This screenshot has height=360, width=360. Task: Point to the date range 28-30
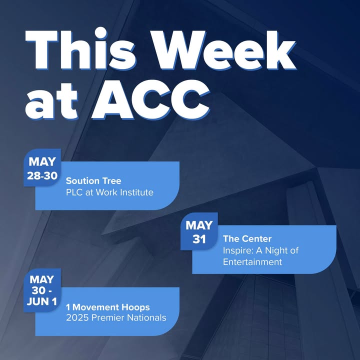tap(42, 176)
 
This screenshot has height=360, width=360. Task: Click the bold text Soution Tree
tap(93, 181)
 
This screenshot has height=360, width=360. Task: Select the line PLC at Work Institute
tap(109, 192)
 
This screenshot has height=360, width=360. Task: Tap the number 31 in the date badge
tap(199, 239)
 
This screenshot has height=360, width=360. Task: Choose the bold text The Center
tap(247, 239)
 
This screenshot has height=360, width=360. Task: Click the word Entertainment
tap(252, 262)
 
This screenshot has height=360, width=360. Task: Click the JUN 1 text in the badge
tap(42, 301)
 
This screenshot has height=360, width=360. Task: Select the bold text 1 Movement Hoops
tap(108, 307)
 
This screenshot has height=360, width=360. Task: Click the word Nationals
tap(146, 318)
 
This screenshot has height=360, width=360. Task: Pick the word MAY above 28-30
tap(42, 161)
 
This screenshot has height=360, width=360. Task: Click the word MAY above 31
tap(199, 225)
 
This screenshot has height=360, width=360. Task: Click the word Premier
tap(108, 318)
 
